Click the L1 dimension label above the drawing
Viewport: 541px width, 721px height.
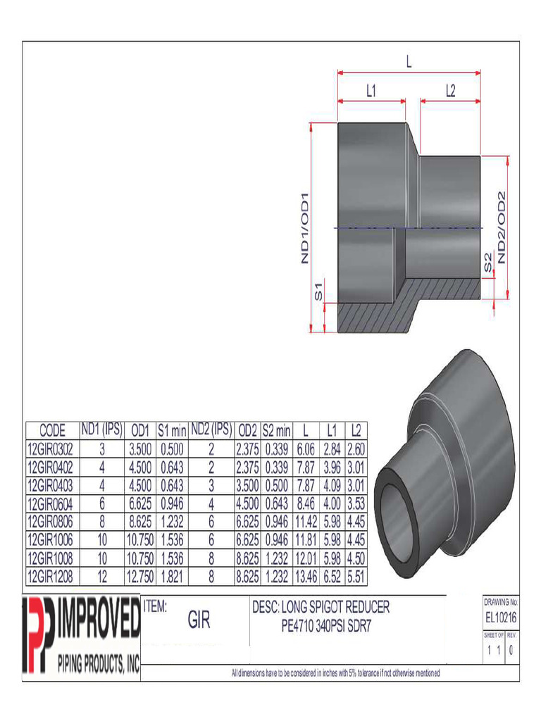[x=371, y=90]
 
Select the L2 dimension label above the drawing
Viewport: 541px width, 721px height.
[x=451, y=90]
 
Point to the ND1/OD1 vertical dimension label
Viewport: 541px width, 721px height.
[x=306, y=227]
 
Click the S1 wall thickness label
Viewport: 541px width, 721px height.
[x=318, y=290]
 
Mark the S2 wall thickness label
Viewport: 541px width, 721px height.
[x=487, y=262]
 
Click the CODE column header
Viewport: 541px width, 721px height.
[x=53, y=430]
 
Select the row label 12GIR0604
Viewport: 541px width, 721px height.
[x=53, y=503]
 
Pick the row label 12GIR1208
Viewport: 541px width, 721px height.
[x=53, y=575]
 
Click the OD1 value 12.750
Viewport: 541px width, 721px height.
[x=139, y=575]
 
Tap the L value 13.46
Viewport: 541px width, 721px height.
[x=305, y=575]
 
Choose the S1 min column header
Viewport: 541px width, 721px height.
[x=171, y=430]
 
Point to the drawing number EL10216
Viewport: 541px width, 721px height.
[x=502, y=617]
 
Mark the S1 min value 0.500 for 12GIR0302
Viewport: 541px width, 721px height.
[x=171, y=449]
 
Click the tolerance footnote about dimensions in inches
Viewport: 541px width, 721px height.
[x=336, y=674]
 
